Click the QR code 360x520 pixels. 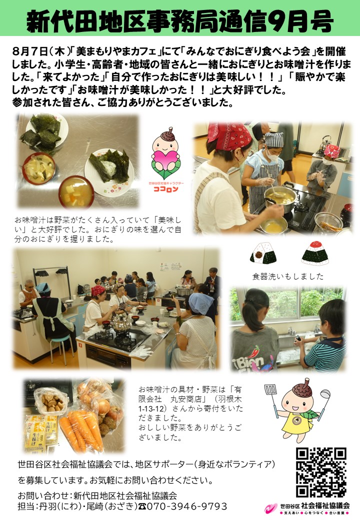pos(321,472)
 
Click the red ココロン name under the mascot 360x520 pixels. pos(165,189)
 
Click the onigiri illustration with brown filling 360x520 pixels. pos(263,252)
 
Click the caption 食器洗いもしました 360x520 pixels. pos(287,276)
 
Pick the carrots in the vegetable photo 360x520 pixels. pos(82,431)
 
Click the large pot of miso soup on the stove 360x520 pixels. pos(280,198)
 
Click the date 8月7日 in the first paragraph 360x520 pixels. pos(30,51)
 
